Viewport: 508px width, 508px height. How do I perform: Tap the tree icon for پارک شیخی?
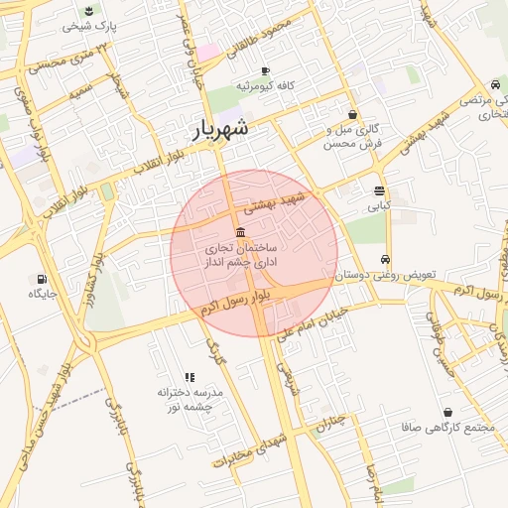pos(89,11)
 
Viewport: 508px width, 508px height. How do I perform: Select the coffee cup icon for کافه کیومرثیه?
pos(264,70)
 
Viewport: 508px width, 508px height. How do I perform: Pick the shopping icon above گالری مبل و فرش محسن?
pos(352,114)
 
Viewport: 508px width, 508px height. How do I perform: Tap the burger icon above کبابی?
pos(380,190)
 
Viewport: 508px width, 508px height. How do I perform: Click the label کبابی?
pos(380,207)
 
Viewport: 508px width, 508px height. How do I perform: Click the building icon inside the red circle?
pos(241,231)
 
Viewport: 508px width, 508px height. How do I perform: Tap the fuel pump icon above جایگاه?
pos(41,279)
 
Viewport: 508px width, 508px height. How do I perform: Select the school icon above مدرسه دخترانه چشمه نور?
pos(190,376)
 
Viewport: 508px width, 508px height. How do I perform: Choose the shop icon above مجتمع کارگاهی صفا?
pos(447,412)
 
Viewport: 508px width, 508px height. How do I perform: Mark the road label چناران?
pos(332,424)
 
